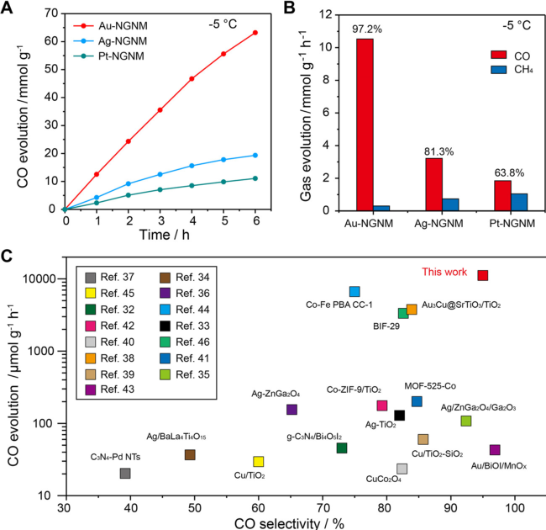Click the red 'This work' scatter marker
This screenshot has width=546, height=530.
pos(482,275)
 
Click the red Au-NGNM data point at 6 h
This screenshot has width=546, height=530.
pos(255,33)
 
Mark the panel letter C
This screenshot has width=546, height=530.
pos(8,255)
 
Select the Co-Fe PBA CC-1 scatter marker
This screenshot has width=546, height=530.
pos(354,291)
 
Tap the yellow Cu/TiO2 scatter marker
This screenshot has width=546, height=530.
pos(259,461)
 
